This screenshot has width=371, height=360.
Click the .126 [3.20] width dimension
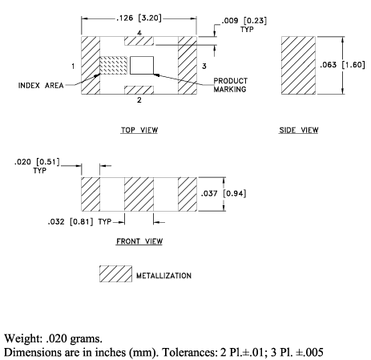(x=139, y=18)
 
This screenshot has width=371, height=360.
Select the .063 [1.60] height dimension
(x=342, y=65)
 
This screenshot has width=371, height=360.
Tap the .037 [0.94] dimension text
(x=224, y=193)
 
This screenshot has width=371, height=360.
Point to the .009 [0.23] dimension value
(x=244, y=21)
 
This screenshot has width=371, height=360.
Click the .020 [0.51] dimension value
(x=37, y=162)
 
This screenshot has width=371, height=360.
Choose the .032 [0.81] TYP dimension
(x=79, y=221)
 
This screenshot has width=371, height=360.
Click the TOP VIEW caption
(x=139, y=130)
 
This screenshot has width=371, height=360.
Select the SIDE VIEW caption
(x=299, y=130)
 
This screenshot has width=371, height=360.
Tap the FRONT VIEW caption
(x=139, y=241)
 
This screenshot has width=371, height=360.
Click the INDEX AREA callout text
(x=41, y=86)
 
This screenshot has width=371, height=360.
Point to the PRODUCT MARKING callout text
(x=230, y=85)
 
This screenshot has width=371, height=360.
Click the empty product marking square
(x=142, y=65)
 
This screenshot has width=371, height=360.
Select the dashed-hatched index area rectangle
(x=114, y=65)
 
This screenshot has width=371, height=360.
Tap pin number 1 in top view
(x=73, y=66)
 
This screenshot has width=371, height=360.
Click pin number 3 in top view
(x=204, y=66)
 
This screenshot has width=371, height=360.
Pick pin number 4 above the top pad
(x=139, y=33)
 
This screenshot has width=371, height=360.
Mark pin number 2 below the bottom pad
(x=139, y=100)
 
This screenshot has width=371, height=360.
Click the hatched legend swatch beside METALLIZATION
(x=115, y=273)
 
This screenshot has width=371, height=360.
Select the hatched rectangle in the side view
(x=298, y=66)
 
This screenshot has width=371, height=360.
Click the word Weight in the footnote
(x=23, y=339)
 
